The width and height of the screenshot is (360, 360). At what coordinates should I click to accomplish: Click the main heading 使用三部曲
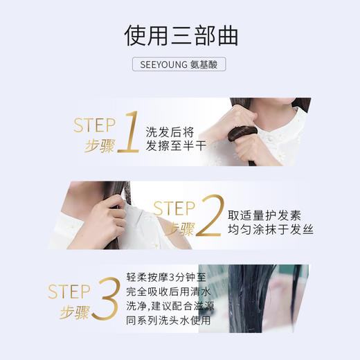pos(179,35)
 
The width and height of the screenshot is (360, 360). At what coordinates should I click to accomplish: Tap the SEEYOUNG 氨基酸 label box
pos(179,64)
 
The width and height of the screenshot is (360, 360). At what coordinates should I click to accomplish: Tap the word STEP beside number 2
pos(174,208)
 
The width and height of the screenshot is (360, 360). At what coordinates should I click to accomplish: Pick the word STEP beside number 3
pos(69,291)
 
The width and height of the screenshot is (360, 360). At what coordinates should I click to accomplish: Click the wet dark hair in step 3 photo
pos(270,298)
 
